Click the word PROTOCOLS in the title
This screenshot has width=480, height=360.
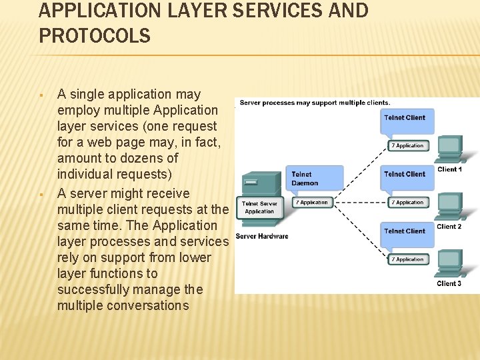(95, 36)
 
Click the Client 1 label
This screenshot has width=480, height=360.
(449, 169)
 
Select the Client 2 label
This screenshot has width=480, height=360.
(449, 227)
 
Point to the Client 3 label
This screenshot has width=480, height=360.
(449, 283)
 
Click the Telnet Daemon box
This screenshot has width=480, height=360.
(313, 179)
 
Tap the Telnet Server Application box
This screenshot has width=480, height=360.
(259, 207)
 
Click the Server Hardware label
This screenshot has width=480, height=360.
(262, 236)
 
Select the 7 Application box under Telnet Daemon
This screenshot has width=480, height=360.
(313, 202)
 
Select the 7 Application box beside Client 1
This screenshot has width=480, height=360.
(408, 145)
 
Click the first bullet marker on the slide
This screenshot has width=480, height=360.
(41, 95)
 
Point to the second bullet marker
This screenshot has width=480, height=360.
(41, 194)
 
